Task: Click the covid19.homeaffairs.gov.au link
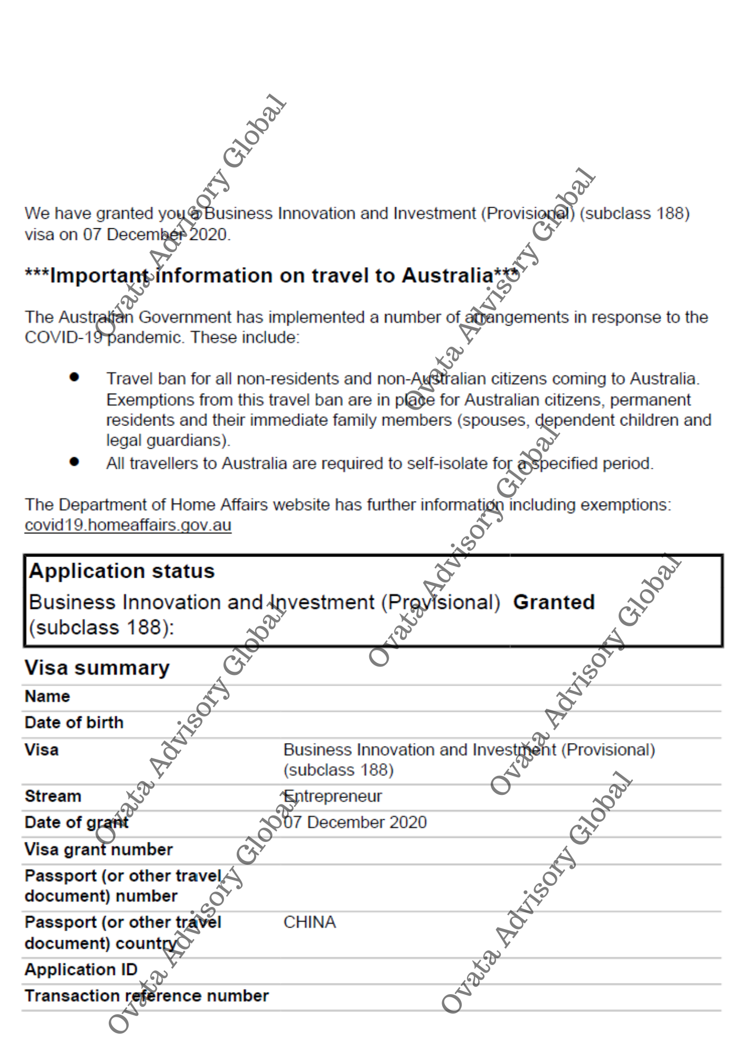point(128,525)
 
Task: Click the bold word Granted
point(554,602)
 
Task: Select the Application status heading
point(122,571)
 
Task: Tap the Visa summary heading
point(97,668)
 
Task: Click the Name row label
point(47,697)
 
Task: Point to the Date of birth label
point(74,722)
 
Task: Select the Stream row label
point(53,796)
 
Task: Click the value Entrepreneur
point(333,796)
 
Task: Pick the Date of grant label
point(77,822)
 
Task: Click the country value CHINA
point(310,922)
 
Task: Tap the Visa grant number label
point(98,849)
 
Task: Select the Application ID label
point(81,970)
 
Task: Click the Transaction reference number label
point(146,996)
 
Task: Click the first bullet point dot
point(74,377)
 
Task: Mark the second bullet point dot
point(74,462)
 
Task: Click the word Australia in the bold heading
point(447,275)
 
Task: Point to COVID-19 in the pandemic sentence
point(63,337)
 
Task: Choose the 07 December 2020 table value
point(355,822)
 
